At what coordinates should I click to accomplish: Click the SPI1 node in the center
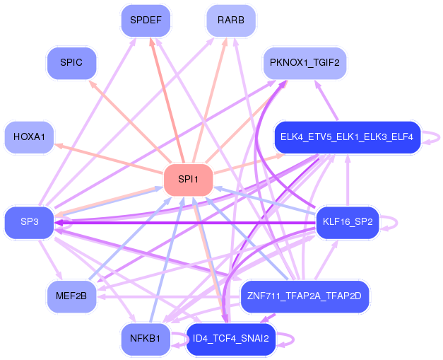[189, 180]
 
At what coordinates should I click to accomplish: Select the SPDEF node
[146, 21]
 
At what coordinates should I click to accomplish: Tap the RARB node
[230, 21]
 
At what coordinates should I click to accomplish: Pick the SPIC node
[71, 63]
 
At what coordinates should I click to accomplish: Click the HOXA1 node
[29, 137]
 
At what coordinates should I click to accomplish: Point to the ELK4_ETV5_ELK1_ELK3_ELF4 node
[346, 137]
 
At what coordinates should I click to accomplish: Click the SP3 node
[29, 222]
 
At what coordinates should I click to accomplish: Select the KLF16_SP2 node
[347, 222]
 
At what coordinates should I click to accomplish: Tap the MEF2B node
[71, 296]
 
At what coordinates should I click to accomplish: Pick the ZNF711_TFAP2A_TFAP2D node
[305, 296]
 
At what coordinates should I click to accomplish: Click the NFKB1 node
[146, 338]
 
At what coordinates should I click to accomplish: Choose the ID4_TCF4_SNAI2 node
[230, 338]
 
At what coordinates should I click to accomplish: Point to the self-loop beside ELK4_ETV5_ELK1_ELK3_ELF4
[433, 137]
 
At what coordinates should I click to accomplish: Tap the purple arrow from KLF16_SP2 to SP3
[184, 222]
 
